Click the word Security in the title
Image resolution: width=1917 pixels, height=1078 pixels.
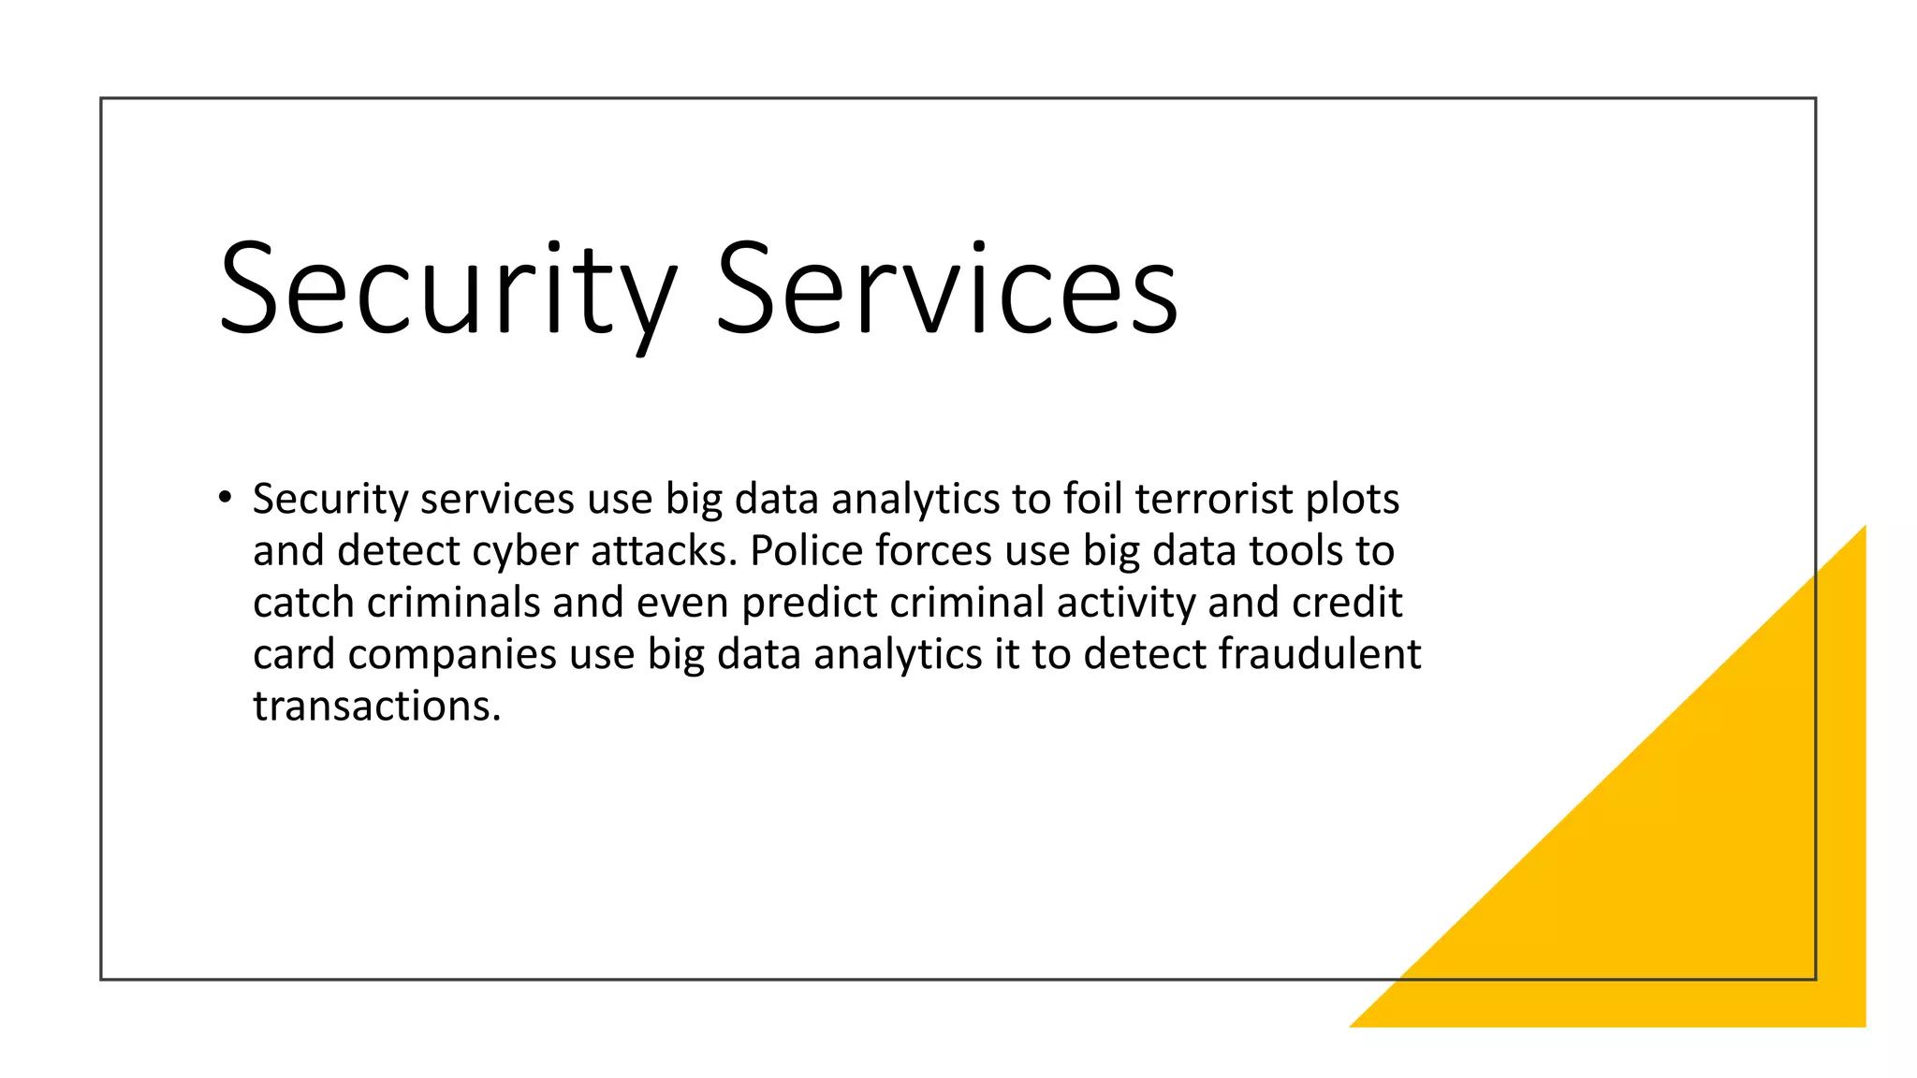coord(447,290)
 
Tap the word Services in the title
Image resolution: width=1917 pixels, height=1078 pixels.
coord(946,290)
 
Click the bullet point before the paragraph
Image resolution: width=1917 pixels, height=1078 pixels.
coord(224,497)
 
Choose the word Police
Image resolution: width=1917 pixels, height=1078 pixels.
coord(806,550)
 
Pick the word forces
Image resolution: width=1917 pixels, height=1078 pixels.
coord(933,550)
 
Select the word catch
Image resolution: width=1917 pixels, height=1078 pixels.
coord(304,603)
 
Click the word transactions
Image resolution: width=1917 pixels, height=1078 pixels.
coord(377,706)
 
